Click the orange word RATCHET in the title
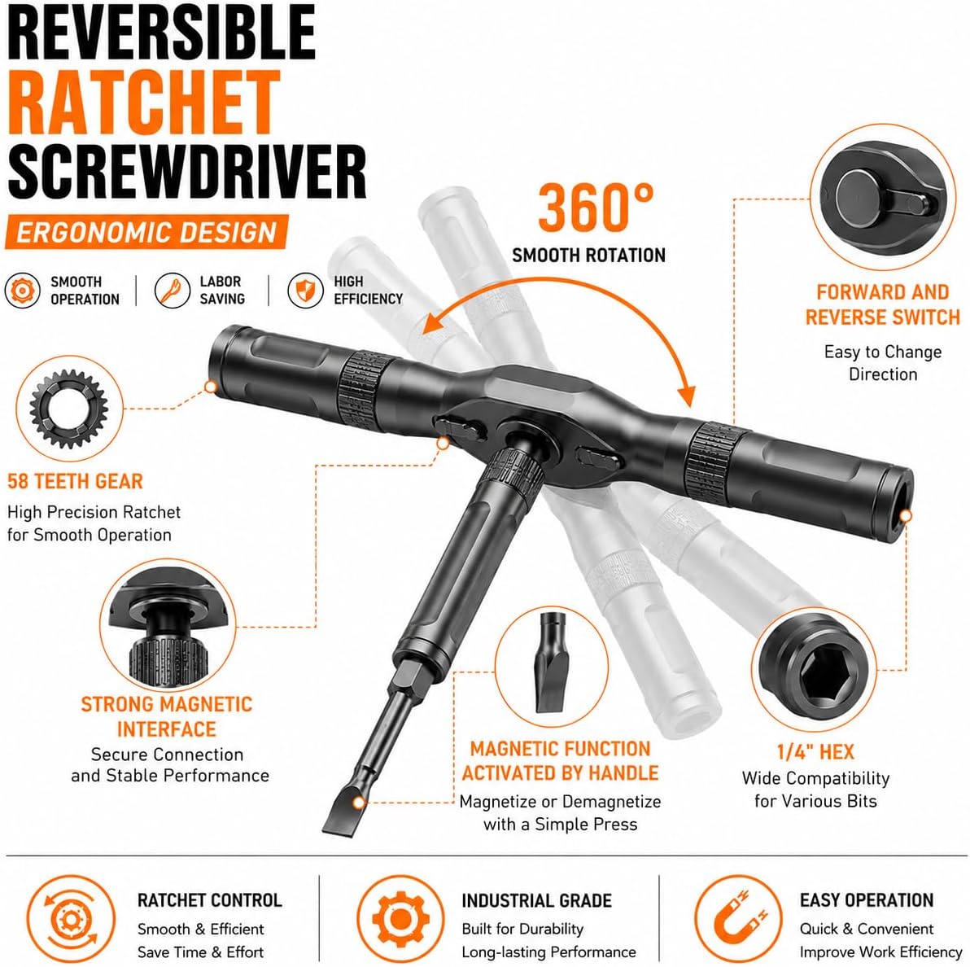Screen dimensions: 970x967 [144, 102]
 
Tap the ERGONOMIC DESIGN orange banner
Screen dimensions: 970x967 [146, 233]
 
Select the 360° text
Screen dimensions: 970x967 [596, 208]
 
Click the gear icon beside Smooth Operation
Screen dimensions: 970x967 [22, 290]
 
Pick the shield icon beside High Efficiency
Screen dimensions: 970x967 [306, 290]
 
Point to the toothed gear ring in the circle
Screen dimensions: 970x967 [68, 409]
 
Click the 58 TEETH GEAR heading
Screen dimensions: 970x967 [75, 481]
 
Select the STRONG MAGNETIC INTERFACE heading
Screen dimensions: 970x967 [166, 716]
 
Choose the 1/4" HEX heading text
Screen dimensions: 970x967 [815, 751]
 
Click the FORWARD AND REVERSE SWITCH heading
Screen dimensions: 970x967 [883, 304]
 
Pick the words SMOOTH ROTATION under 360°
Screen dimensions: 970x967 [589, 256]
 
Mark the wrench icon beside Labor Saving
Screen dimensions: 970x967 [172, 290]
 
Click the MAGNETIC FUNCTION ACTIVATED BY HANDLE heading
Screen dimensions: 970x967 [561, 761]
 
